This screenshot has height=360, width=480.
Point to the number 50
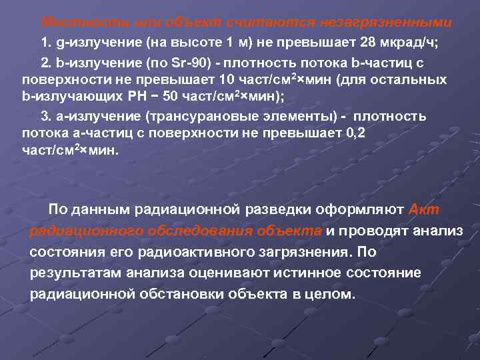[x=171, y=97]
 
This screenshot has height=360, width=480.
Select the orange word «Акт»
[x=423, y=211]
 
